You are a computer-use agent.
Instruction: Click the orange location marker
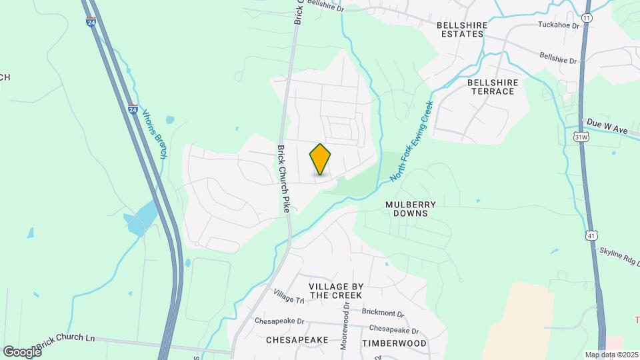321,159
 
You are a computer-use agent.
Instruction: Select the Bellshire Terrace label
492,87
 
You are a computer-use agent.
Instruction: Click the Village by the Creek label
335,290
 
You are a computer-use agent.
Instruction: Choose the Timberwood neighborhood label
393,342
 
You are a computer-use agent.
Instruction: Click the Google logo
22,351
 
